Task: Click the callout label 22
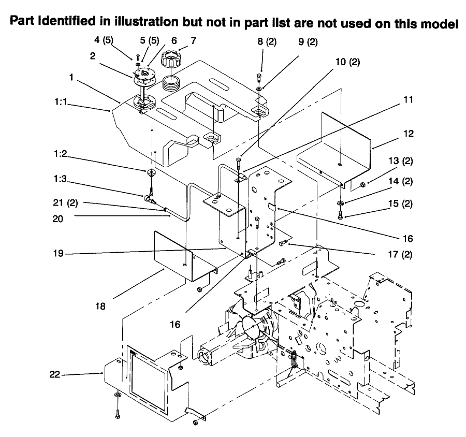(55, 374)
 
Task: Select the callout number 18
(100, 306)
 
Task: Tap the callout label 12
(409, 134)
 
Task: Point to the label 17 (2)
(400, 254)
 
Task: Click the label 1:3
(60, 179)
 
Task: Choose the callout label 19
(58, 253)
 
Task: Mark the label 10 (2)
(348, 62)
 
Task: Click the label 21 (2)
(65, 203)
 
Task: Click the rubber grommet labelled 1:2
(151, 172)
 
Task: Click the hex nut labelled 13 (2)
(362, 185)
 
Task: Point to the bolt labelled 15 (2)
(341, 215)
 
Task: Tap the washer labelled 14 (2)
(341, 203)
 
